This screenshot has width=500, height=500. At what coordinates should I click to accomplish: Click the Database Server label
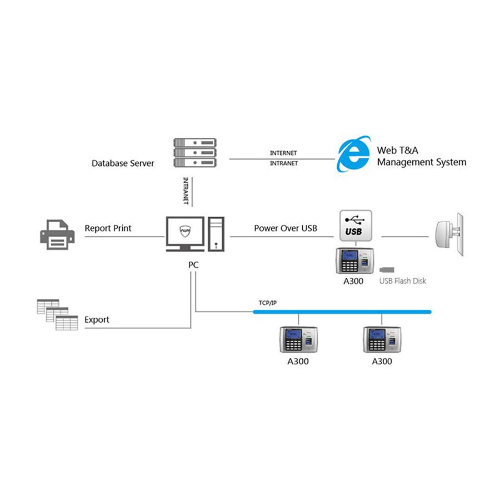pos(123,163)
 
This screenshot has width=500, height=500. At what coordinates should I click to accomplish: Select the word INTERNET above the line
pos(283,153)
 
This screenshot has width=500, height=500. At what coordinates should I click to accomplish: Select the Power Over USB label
pos(286,228)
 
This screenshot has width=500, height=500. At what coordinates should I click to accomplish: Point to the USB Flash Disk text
pos(403,281)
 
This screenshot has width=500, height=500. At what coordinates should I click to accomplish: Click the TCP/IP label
pos(268,303)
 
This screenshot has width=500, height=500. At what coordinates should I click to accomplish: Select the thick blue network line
pos(342,312)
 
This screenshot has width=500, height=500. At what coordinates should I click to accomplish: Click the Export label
pos(97,320)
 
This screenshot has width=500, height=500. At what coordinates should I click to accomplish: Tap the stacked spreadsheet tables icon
pos(56,314)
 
